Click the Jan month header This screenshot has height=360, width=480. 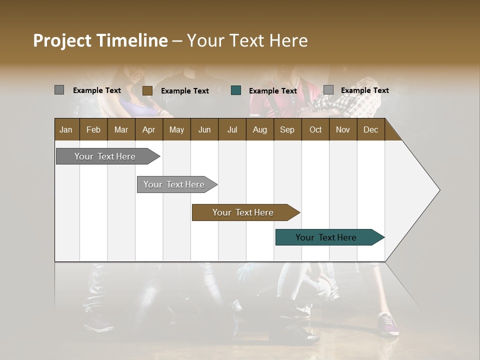(x=66, y=129)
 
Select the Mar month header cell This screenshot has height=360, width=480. (x=121, y=129)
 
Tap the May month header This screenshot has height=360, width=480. (x=176, y=129)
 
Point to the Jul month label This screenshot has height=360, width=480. (x=232, y=129)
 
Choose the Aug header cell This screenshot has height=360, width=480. (x=259, y=129)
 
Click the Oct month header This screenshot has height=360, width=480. (x=315, y=129)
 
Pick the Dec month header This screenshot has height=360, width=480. (x=370, y=129)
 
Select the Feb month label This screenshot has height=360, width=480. (x=93, y=129)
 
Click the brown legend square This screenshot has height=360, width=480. (x=147, y=90)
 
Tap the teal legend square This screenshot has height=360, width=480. (x=236, y=90)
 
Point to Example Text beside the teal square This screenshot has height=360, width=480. (x=272, y=91)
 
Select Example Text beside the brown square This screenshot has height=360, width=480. (x=184, y=91)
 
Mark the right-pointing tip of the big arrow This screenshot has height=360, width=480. (x=439, y=190)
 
